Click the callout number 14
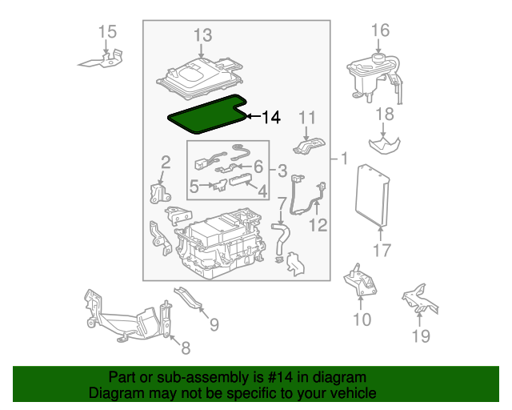click(271, 117)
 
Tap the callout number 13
click(202, 35)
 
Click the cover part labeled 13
click(199, 78)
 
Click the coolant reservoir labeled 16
click(374, 77)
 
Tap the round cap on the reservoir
click(378, 59)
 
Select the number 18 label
click(385, 115)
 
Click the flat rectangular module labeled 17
click(372, 195)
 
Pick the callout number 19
click(421, 336)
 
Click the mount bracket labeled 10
click(360, 280)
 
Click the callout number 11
click(307, 118)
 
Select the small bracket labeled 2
click(160, 193)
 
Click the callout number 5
click(194, 187)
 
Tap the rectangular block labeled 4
click(241, 180)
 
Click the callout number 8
click(186, 348)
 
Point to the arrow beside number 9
click(204, 313)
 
